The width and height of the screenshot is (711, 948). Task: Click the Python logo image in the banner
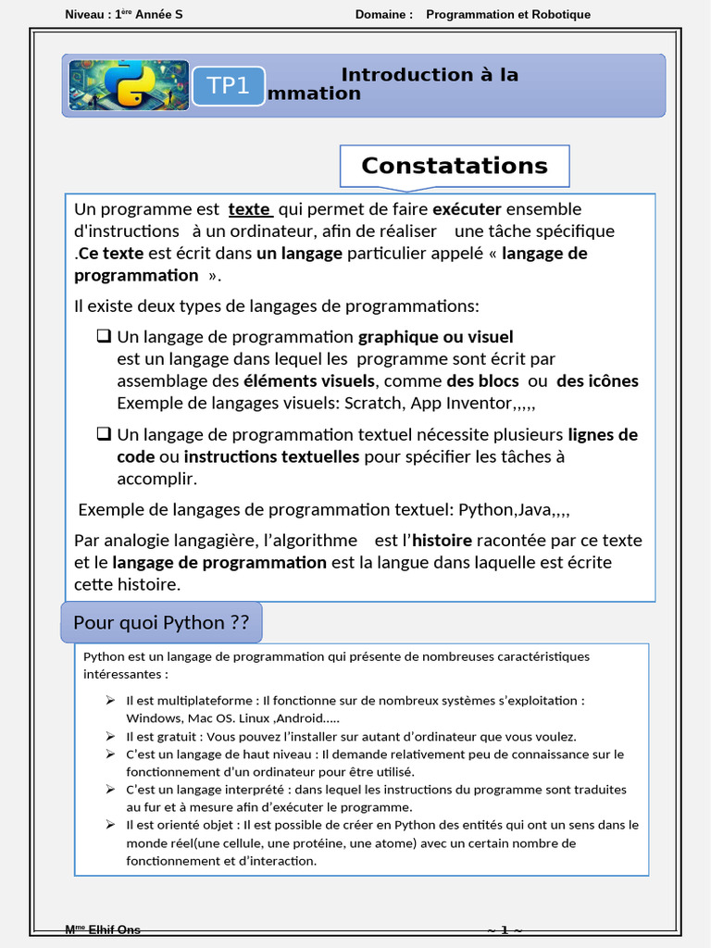(x=129, y=85)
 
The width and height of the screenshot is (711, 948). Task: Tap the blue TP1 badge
(x=229, y=86)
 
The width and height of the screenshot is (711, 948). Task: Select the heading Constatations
(x=454, y=166)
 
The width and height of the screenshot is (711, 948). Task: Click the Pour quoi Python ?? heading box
(x=161, y=622)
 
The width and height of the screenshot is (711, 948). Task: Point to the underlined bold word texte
(x=250, y=209)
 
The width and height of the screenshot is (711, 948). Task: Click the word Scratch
(x=374, y=403)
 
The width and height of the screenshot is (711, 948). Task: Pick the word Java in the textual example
(x=535, y=510)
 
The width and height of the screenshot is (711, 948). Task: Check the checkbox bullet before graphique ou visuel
(x=104, y=336)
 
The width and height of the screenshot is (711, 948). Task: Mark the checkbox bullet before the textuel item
(x=104, y=434)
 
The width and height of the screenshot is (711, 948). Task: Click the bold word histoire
(x=442, y=541)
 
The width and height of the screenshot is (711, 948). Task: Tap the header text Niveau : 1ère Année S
(x=124, y=14)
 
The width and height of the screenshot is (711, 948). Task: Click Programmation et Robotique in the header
(x=507, y=14)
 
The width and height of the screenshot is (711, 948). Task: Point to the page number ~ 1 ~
(x=505, y=930)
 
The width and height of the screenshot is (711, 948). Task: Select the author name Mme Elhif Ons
(x=103, y=930)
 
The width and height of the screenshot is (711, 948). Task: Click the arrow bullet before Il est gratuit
(x=110, y=737)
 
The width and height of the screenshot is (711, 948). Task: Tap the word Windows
(x=154, y=718)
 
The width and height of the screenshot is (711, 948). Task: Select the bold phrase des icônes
(x=597, y=380)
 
